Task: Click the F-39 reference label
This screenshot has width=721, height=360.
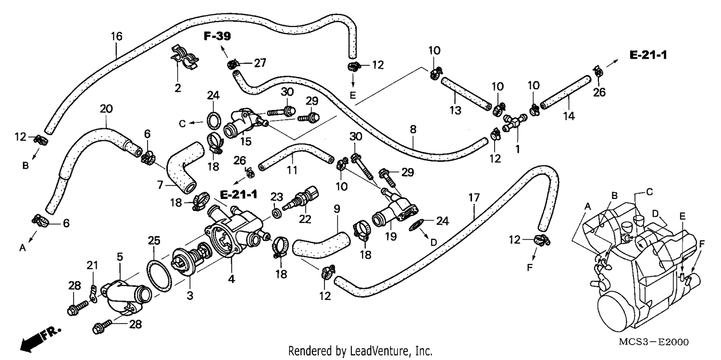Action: click(217, 36)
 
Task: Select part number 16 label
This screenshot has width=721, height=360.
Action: click(116, 37)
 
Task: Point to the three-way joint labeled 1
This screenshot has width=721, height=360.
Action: click(515, 122)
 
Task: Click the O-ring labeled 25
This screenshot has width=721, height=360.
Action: click(159, 276)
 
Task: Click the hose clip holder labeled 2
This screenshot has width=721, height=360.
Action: click(184, 57)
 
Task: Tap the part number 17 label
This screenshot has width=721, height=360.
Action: click(474, 197)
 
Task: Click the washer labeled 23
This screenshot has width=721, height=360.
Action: click(277, 213)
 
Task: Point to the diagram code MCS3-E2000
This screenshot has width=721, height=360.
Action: click(654, 342)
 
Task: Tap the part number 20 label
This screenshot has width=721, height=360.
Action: click(106, 109)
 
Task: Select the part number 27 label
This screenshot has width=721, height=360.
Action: click(260, 63)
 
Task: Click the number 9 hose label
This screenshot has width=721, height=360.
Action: click(336, 209)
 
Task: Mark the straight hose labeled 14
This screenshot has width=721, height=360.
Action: click(566, 92)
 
